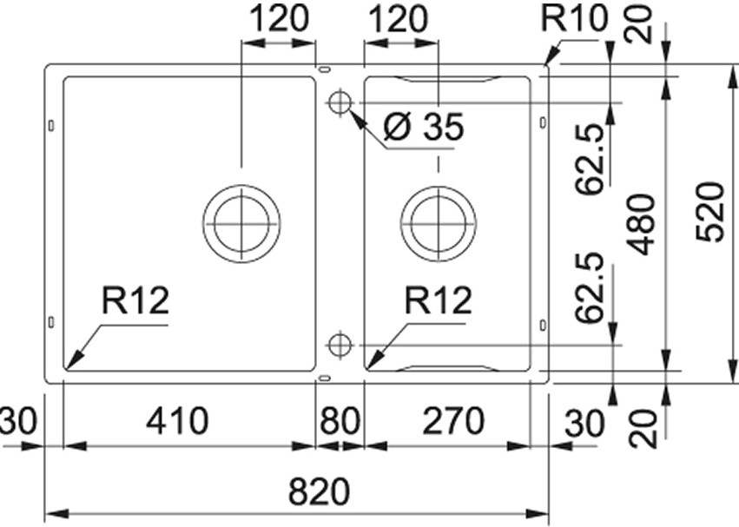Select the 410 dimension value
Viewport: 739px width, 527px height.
(177, 423)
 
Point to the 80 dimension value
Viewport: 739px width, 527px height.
(339, 423)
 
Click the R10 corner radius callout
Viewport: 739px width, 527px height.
(575, 19)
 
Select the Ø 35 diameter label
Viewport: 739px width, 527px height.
(423, 128)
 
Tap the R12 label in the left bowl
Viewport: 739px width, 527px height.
(135, 301)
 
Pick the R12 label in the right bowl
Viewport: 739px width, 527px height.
(438, 301)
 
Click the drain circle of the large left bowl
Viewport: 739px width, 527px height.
(241, 223)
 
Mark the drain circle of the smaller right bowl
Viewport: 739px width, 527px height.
(439, 223)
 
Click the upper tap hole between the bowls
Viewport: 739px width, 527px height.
(339, 102)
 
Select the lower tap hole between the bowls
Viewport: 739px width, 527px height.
(339, 345)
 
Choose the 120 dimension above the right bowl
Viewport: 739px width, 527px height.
(399, 19)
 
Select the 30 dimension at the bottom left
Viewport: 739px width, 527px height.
(15, 423)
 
